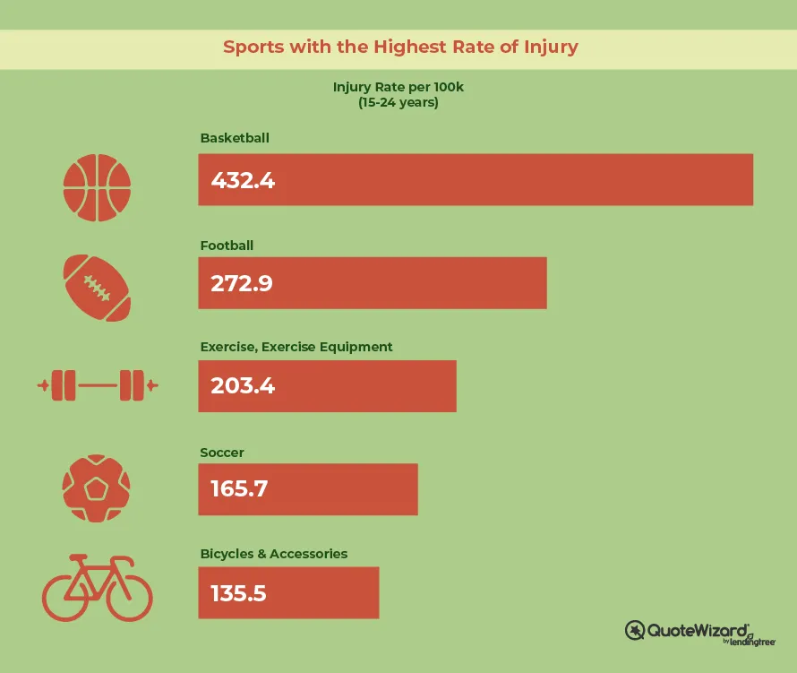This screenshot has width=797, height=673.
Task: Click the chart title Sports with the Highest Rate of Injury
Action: (400, 47)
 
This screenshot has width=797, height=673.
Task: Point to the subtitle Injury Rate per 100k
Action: (398, 87)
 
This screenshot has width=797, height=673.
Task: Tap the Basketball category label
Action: (235, 138)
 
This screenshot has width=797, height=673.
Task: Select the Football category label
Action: (227, 246)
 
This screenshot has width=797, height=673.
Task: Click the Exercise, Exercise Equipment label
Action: (296, 347)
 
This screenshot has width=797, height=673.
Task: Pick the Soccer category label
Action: (222, 453)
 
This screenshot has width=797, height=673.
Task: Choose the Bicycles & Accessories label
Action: (274, 554)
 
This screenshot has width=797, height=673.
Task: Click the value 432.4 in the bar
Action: (243, 181)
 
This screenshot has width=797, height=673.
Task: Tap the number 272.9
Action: (242, 283)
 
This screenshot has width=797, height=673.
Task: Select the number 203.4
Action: (243, 385)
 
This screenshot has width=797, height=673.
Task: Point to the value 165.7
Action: (239, 489)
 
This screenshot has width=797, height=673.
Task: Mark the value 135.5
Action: (238, 593)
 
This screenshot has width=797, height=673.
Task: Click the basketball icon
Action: (97, 187)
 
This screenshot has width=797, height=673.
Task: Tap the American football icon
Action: (97, 288)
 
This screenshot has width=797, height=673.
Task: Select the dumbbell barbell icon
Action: (98, 385)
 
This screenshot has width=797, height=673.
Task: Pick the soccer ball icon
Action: (96, 488)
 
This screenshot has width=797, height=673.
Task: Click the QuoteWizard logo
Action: (700, 633)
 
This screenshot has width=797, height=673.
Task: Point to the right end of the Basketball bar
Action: (753, 179)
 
